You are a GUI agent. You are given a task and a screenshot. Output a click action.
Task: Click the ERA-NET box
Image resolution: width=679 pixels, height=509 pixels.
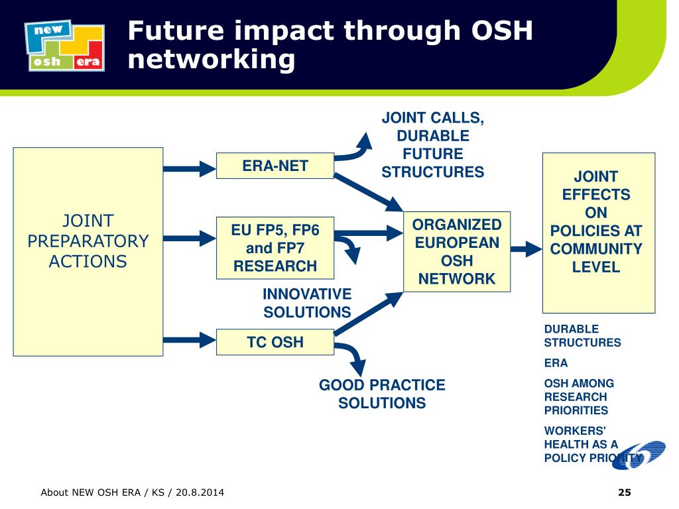[x=275, y=166]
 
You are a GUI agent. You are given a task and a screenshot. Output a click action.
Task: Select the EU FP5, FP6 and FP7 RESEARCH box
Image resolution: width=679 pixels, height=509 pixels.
[x=275, y=249]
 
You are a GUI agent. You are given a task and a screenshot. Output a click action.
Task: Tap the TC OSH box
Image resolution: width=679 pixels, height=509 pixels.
[x=275, y=342]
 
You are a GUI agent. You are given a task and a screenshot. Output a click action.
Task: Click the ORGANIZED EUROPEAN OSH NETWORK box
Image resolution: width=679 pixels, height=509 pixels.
[x=457, y=252]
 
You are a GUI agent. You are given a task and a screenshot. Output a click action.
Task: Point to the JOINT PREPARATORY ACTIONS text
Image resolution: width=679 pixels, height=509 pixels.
[x=88, y=241]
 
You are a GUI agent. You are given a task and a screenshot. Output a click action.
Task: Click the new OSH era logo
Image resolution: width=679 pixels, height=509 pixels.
[x=64, y=45]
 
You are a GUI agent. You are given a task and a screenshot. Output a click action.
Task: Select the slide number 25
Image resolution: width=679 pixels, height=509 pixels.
[x=624, y=492]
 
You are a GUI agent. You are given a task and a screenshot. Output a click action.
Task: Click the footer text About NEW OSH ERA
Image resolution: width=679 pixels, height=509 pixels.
[x=132, y=492]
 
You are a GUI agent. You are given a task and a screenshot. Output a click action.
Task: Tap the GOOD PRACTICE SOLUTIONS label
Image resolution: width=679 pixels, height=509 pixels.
[x=382, y=394]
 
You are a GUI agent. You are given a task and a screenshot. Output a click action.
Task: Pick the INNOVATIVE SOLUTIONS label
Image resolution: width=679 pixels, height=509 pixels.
[x=307, y=303]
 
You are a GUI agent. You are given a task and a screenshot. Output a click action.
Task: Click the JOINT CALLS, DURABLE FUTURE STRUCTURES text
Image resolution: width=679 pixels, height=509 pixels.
[x=433, y=145]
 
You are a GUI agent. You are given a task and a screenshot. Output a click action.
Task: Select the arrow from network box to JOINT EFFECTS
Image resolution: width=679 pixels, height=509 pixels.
[x=527, y=249]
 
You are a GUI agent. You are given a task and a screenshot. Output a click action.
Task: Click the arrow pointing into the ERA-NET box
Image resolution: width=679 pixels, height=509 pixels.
[x=190, y=168]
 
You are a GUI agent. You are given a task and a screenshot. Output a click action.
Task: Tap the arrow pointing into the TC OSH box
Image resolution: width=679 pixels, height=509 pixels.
[x=190, y=341]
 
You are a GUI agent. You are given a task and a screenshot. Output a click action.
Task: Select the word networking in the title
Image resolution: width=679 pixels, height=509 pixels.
[x=212, y=60]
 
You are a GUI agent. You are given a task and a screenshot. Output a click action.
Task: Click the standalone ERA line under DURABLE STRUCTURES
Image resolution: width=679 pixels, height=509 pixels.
[x=556, y=363]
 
